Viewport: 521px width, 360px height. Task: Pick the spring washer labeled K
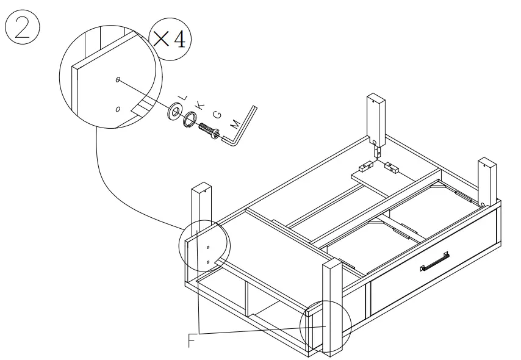190,120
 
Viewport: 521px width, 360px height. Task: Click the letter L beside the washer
181,97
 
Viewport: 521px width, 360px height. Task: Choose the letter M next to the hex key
234,124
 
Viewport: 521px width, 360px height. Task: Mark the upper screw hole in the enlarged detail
117,80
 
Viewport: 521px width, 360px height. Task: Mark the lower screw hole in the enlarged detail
118,109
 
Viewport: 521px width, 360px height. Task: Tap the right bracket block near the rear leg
392,165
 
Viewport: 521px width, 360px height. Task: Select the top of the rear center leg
376,99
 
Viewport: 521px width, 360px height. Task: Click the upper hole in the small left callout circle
208,247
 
